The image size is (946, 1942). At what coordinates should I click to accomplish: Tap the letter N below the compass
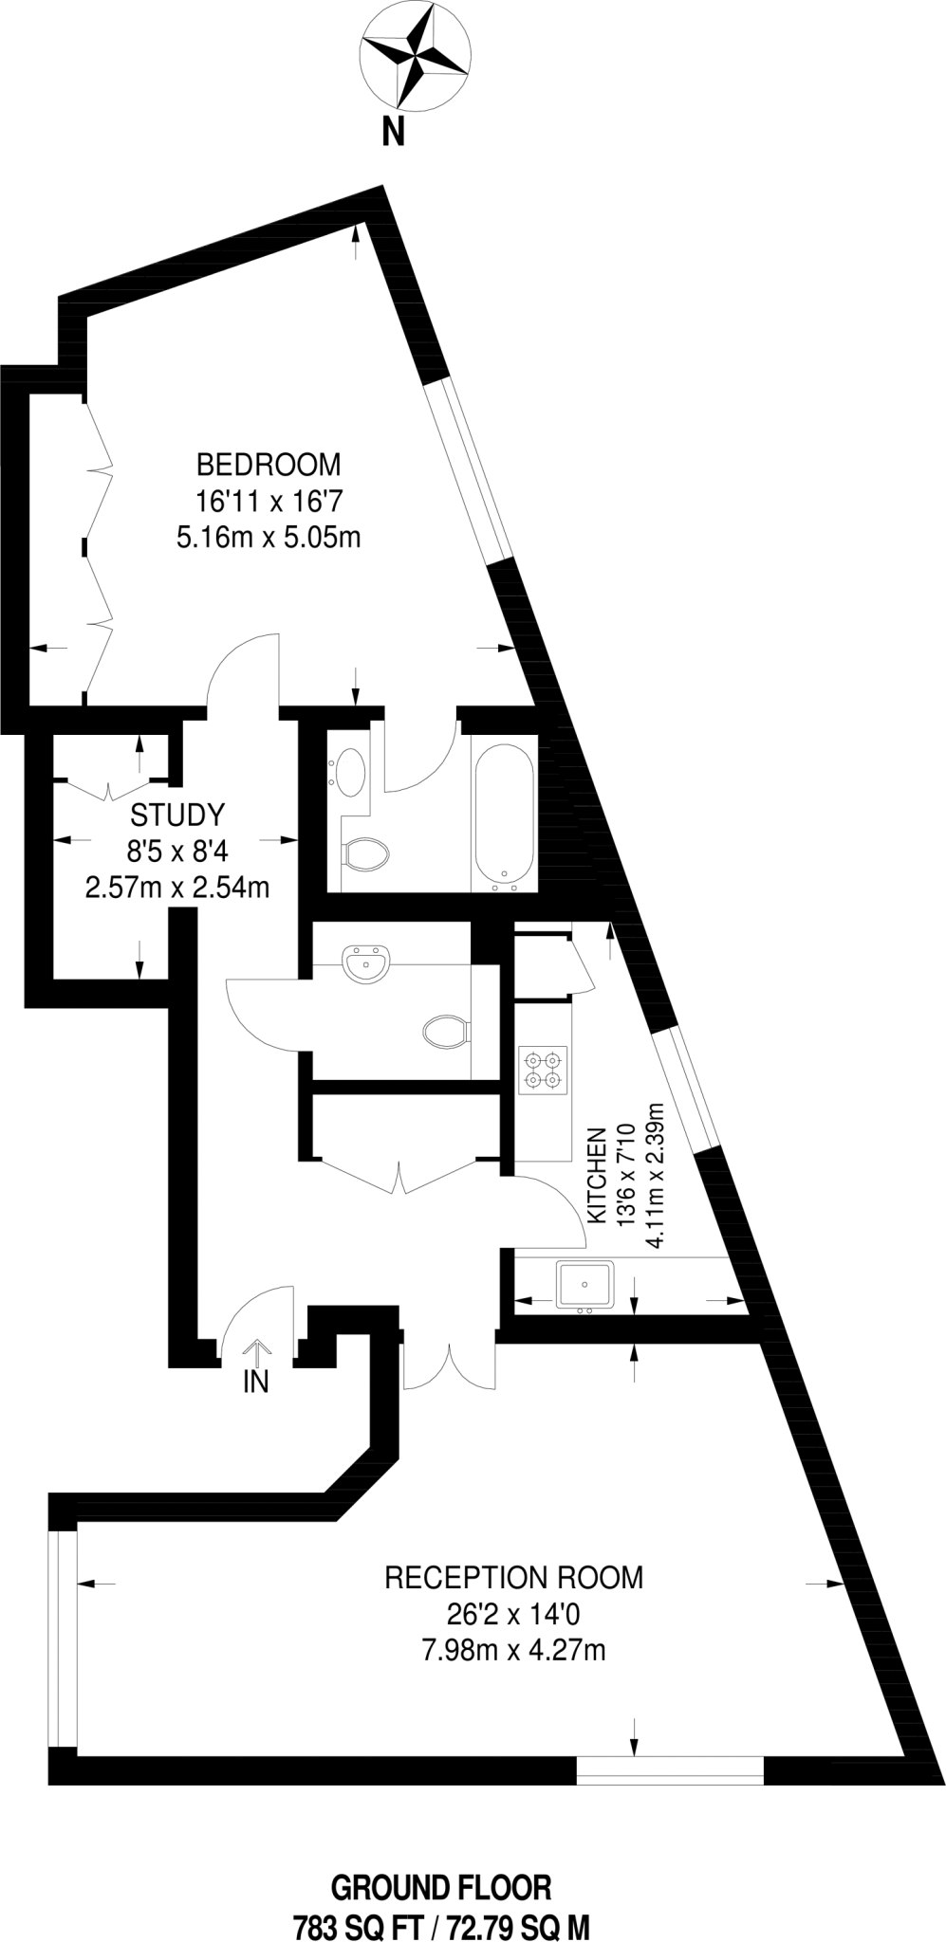coord(393,133)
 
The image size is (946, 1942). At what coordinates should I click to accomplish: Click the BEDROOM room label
coord(268,465)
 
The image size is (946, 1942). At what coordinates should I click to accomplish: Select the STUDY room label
coord(177,815)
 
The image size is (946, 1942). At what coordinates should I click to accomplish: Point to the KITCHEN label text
coord(598,1175)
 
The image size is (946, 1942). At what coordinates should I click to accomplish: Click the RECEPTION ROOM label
coord(513,1578)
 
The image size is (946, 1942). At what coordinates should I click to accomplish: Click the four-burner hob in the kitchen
coord(543,1070)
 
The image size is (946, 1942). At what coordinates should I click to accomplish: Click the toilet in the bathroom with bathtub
coord(366,854)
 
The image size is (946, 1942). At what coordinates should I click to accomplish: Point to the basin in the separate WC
coord(366,964)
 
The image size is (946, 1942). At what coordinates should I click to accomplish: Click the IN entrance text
coord(256,1382)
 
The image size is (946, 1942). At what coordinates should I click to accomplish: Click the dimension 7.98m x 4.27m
coord(513,1651)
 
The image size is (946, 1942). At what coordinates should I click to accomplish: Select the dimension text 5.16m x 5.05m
coord(268,538)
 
